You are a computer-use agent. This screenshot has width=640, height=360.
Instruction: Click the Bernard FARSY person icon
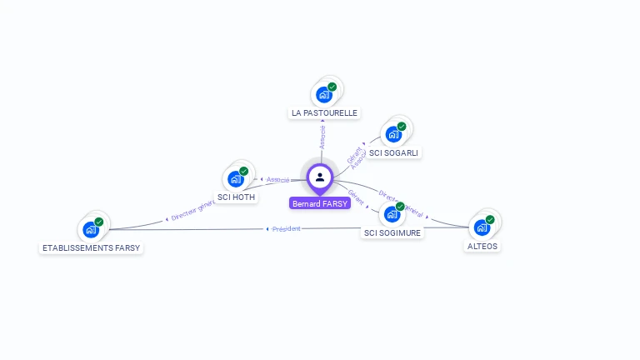click(319, 177)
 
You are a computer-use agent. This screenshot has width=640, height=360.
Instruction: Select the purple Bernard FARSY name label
click(320, 203)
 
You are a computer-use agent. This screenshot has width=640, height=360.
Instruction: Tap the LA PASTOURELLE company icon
click(324, 94)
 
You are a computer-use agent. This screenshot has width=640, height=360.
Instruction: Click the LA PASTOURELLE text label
click(324, 112)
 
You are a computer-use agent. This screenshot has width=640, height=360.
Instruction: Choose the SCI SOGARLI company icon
click(393, 133)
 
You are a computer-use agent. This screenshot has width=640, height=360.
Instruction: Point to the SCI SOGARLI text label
click(394, 152)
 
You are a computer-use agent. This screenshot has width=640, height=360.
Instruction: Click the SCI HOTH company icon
click(236, 178)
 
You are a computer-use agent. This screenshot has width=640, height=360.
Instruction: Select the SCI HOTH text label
click(236, 197)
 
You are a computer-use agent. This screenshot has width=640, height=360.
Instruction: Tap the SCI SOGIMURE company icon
click(392, 214)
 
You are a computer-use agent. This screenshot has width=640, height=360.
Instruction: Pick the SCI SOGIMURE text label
click(392, 233)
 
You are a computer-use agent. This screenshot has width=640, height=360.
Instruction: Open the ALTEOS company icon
click(482, 227)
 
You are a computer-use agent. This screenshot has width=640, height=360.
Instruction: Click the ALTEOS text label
click(482, 246)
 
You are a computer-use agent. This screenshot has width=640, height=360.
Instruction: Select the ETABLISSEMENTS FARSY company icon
click(91, 229)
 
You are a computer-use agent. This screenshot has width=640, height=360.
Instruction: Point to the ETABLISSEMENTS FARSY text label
click(92, 248)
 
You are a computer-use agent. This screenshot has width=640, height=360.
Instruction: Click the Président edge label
click(286, 228)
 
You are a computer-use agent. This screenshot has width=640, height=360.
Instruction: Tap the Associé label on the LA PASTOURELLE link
click(322, 137)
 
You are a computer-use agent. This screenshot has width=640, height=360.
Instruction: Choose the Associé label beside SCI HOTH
click(277, 179)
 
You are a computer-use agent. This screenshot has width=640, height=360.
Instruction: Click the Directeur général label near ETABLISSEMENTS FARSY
click(192, 212)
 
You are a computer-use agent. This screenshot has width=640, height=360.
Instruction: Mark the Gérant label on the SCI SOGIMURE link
click(357, 197)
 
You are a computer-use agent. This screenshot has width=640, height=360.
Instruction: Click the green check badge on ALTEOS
click(490, 219)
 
